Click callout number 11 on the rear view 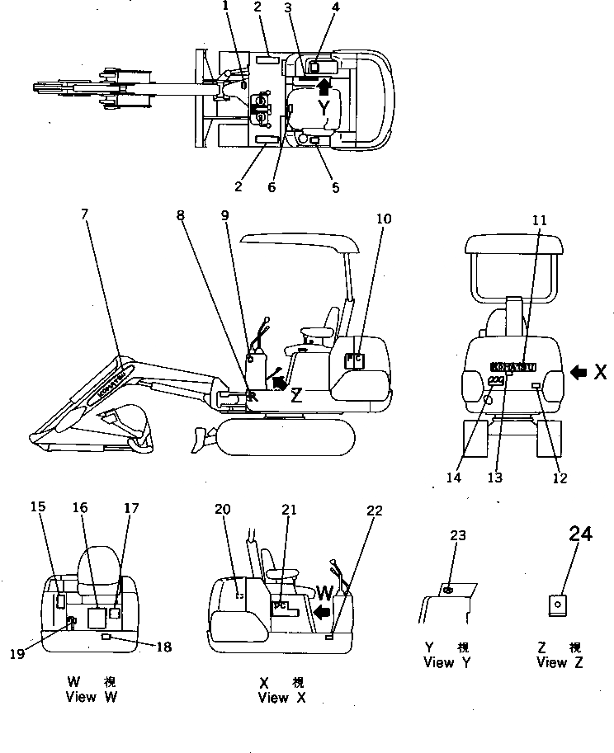[x=539, y=220]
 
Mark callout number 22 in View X [x=374, y=511]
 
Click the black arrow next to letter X [x=579, y=372]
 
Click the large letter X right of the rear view [x=602, y=372]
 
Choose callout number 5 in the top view [x=335, y=187]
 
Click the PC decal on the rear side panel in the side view [x=353, y=360]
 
